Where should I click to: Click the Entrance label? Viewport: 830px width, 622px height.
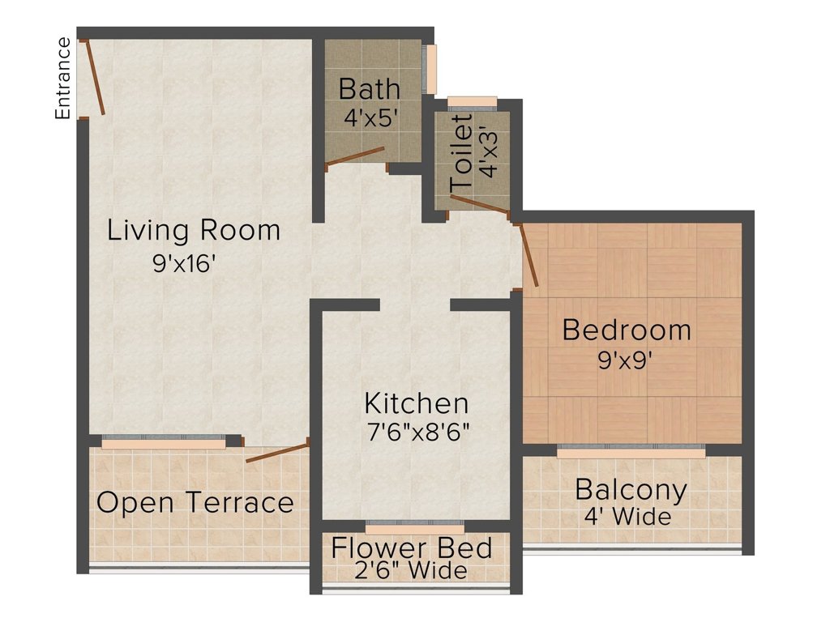[x=63, y=79]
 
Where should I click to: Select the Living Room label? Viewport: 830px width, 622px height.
[x=194, y=231]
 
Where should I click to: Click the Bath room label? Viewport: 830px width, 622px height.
[x=370, y=89]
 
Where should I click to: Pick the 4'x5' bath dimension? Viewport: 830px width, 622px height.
[x=370, y=118]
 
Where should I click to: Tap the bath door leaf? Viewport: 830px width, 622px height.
[x=355, y=156]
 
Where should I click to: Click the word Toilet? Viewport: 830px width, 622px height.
[x=461, y=154]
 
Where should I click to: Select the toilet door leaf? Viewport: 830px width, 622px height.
[x=480, y=204]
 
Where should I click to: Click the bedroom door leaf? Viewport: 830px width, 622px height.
[x=528, y=255]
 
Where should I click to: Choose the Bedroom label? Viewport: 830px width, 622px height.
[x=627, y=330]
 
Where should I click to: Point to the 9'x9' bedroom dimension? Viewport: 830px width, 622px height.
[x=625, y=360]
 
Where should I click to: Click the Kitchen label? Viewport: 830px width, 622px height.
[x=417, y=403]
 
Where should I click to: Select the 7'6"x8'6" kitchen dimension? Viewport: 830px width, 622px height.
[x=419, y=433]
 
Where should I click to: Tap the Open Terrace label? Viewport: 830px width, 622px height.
[x=195, y=502]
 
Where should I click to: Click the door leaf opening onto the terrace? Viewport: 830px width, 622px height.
[x=277, y=454]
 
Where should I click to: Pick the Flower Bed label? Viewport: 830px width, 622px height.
[x=412, y=548]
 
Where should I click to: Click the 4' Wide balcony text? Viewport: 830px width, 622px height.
[x=628, y=517]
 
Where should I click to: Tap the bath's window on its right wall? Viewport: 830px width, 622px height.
[x=430, y=70]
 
